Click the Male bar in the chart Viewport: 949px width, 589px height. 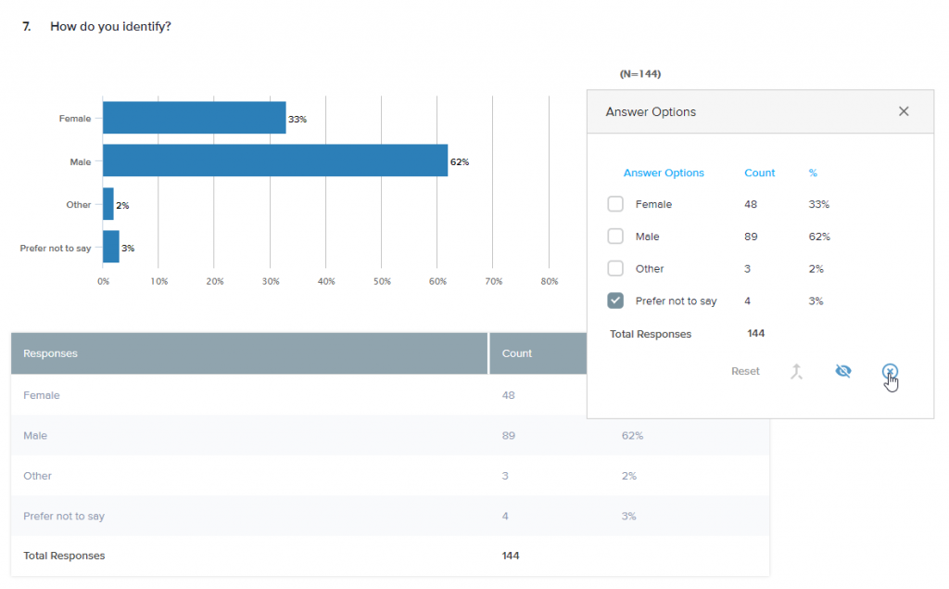tap(274, 161)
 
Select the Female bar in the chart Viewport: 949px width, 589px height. tap(194, 118)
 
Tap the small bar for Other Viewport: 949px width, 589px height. tap(108, 204)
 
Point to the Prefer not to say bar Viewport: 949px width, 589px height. tap(111, 248)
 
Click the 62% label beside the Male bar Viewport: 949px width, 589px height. tap(460, 162)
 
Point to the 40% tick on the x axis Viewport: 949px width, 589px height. tap(325, 281)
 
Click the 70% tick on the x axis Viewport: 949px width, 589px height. tap(493, 281)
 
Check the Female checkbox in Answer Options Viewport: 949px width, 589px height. tap(615, 204)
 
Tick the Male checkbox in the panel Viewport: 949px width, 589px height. tap(615, 237)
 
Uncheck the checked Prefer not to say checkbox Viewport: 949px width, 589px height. tap(615, 301)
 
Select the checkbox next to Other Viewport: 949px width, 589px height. tap(615, 268)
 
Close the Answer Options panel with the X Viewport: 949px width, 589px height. tap(904, 111)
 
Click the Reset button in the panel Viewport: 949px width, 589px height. tap(745, 371)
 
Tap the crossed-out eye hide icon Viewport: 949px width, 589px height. tap(842, 371)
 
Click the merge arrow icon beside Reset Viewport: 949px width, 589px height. tap(796, 371)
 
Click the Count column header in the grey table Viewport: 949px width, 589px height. tap(517, 353)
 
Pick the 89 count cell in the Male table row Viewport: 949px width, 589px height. tap(509, 435)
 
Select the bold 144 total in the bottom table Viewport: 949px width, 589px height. tap(511, 556)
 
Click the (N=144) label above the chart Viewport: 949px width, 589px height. tap(640, 73)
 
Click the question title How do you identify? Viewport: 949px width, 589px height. tap(110, 27)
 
